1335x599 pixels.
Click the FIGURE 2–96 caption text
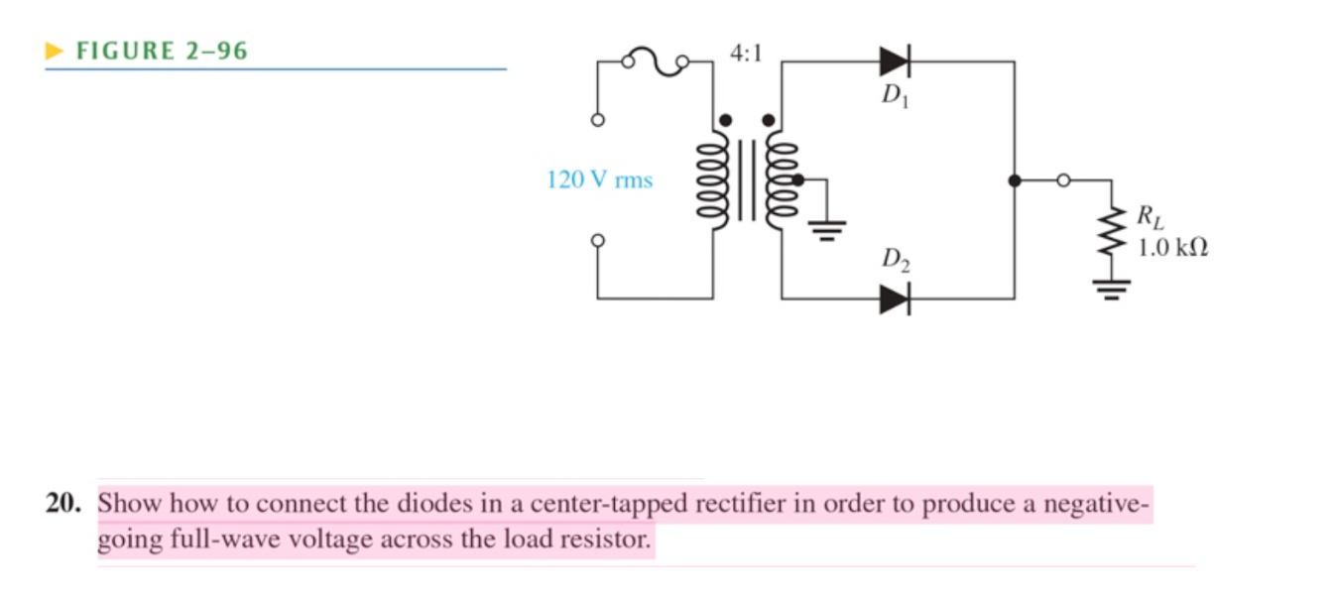click(162, 51)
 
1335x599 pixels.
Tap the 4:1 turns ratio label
click(746, 54)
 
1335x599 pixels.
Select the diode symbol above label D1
click(894, 61)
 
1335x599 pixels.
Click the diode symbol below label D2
click(894, 298)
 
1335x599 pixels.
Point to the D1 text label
click(894, 96)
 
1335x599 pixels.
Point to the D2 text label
click(896, 262)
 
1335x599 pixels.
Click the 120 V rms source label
click(599, 180)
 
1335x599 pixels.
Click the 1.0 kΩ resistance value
click(1172, 247)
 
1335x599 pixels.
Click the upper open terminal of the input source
click(597, 121)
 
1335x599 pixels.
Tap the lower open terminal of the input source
click(597, 241)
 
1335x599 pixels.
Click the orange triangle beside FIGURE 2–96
click(55, 51)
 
